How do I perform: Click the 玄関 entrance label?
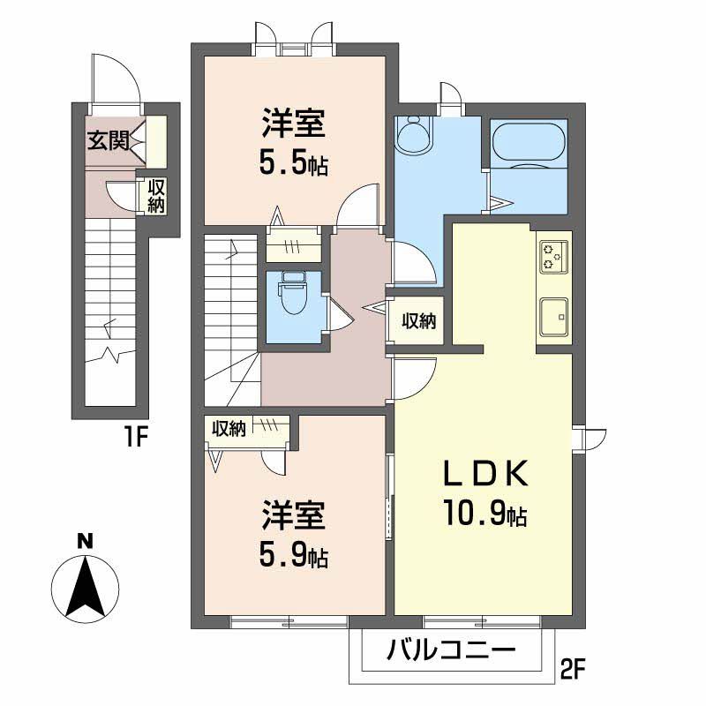pyautogui.click(x=108, y=140)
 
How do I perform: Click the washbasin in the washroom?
pyautogui.click(x=413, y=135)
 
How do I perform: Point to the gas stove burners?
pyautogui.click(x=554, y=257)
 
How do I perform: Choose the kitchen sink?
pyautogui.click(x=554, y=317)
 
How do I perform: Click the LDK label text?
pyautogui.click(x=485, y=474)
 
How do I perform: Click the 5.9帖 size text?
pyautogui.click(x=294, y=555)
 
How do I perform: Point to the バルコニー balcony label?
pyautogui.click(x=451, y=650)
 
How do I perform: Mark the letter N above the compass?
pyautogui.click(x=85, y=541)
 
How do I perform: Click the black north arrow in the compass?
pyautogui.click(x=86, y=586)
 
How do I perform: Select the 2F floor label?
pyautogui.click(x=573, y=671)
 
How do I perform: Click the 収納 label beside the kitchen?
pyautogui.click(x=418, y=321)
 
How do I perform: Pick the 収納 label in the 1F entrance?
pyautogui.click(x=156, y=196)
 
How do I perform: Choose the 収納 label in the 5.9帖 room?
pyautogui.click(x=229, y=429)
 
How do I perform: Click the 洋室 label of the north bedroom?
pyautogui.click(x=294, y=124)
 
